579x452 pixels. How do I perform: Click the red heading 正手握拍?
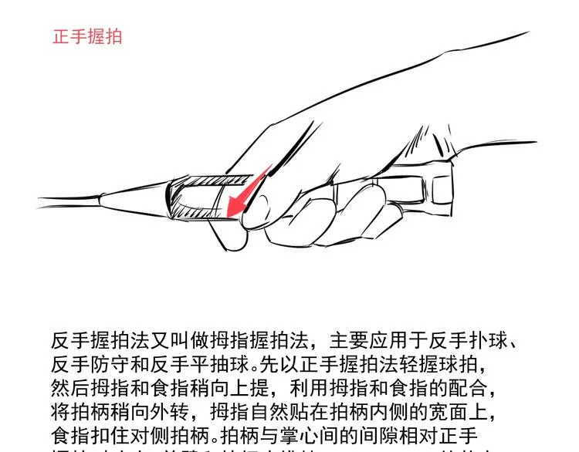[87, 37]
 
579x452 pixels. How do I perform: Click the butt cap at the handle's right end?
[442, 188]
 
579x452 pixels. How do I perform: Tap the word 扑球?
[489, 341]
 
